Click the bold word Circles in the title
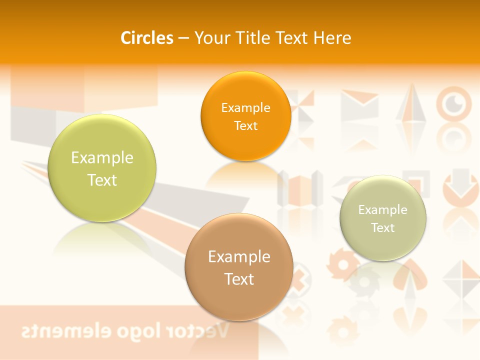click(x=147, y=38)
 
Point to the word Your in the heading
click(x=211, y=38)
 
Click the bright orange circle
click(x=245, y=116)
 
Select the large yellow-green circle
click(x=102, y=168)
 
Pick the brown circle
click(x=239, y=267)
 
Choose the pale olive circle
click(x=383, y=218)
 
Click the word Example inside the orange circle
click(x=245, y=107)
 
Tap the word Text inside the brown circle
click(x=239, y=279)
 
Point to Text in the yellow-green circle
click(x=102, y=180)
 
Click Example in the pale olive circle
click(x=383, y=209)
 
